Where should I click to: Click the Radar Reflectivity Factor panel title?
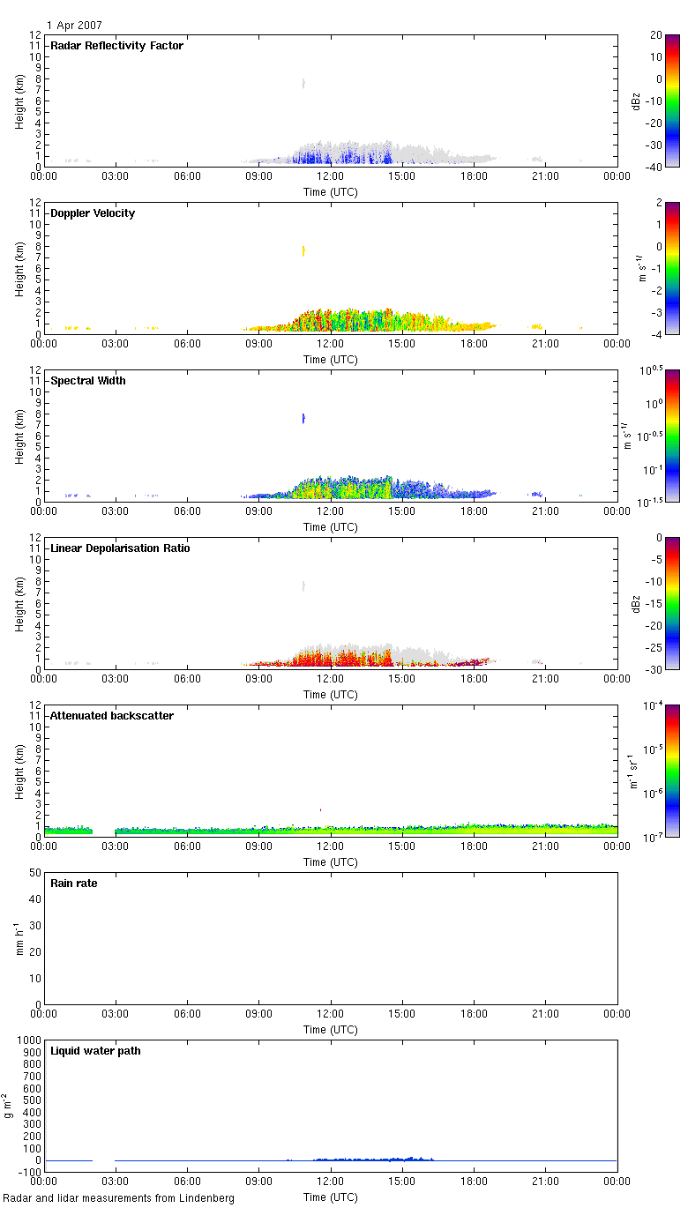[116, 46]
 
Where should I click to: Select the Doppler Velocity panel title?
[93, 213]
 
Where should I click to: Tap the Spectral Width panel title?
[87, 381]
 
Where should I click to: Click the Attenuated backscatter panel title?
[112, 716]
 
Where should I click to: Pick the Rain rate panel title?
[74, 884]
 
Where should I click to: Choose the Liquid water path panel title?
[94, 1051]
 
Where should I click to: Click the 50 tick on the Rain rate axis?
[35, 873]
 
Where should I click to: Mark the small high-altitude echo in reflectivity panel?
[303, 83]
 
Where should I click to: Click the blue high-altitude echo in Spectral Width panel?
[303, 418]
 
